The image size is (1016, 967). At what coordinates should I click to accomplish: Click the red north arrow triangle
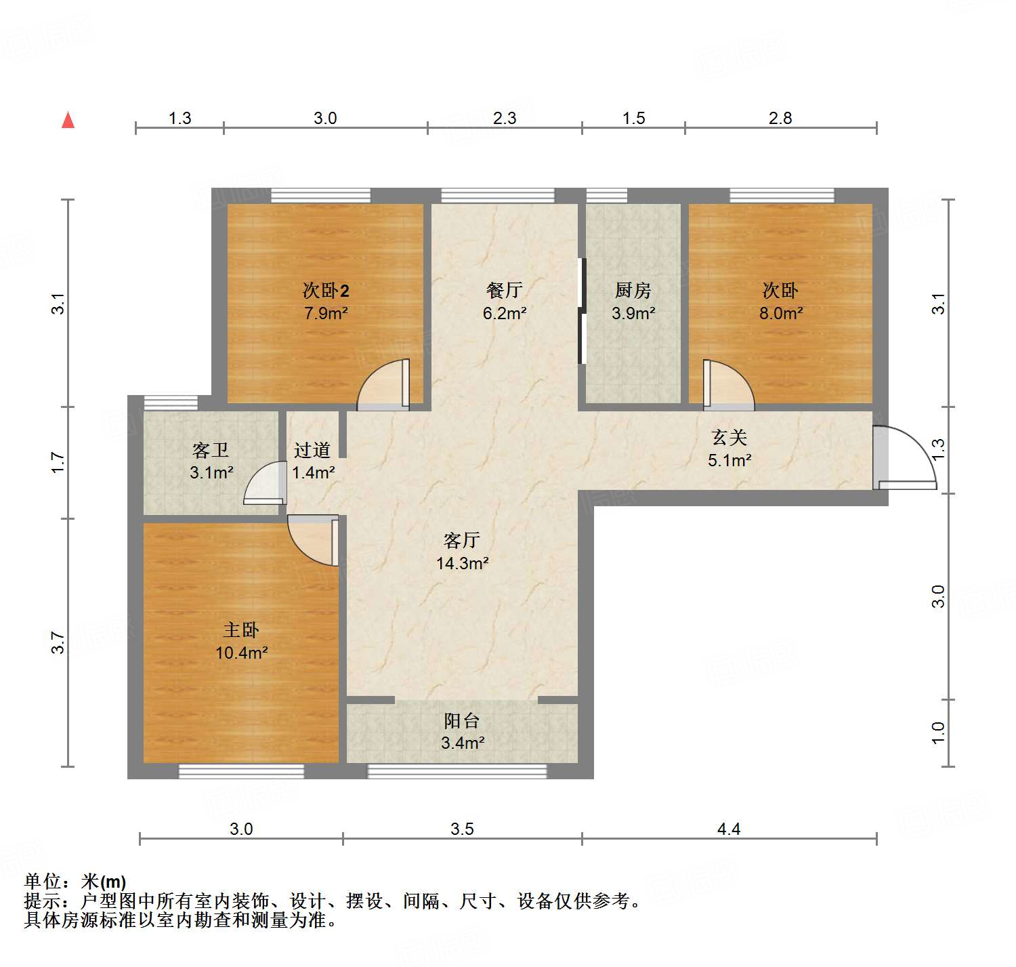click(68, 120)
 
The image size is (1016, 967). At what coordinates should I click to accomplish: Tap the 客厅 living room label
click(462, 540)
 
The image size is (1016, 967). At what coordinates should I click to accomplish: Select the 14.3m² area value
click(462, 563)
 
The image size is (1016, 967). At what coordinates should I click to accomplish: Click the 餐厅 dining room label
click(505, 290)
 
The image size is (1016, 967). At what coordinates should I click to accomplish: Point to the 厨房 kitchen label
click(633, 290)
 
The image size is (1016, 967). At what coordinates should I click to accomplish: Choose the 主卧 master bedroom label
click(241, 630)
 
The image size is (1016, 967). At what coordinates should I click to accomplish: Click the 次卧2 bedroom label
click(326, 291)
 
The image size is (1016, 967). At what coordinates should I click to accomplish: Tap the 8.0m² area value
click(780, 313)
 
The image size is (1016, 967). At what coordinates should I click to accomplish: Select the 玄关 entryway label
click(729, 438)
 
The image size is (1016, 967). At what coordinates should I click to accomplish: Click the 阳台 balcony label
click(462, 720)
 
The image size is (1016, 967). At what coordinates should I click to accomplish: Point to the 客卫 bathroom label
click(211, 450)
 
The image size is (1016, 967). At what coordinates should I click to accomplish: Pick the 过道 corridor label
click(312, 450)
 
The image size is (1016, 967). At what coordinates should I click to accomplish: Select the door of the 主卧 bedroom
click(314, 539)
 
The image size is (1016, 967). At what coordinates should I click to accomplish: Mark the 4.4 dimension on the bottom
click(729, 829)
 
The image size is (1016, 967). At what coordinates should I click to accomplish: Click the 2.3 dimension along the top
click(505, 119)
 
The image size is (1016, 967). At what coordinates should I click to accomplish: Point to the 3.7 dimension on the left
click(58, 642)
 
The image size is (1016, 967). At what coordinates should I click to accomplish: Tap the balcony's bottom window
click(457, 770)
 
